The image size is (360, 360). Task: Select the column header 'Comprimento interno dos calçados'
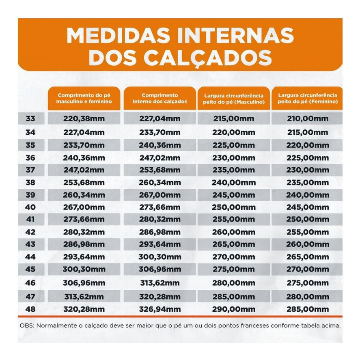coord(160,98)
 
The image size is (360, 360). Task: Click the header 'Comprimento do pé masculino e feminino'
coord(84,98)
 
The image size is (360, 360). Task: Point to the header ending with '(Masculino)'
coord(234,99)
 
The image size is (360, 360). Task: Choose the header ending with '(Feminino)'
coord(308,98)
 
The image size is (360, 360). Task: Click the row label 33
coord(30,119)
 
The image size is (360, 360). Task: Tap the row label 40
coord(30,207)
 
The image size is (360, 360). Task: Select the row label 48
coord(30,309)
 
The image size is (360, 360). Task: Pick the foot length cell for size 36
coord(84,157)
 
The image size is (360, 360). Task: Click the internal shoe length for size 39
coord(160,195)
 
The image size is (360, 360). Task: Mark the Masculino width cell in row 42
coord(234,233)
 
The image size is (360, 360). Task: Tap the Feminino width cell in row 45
coord(308,269)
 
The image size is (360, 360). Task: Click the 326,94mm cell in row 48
coord(160,309)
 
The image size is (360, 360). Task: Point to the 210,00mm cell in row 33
coord(308,119)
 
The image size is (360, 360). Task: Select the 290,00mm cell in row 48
coord(234,309)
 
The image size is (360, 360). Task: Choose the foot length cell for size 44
coord(84,257)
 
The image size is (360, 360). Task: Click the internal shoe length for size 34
coord(160,132)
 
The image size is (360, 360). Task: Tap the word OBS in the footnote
coord(26,326)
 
